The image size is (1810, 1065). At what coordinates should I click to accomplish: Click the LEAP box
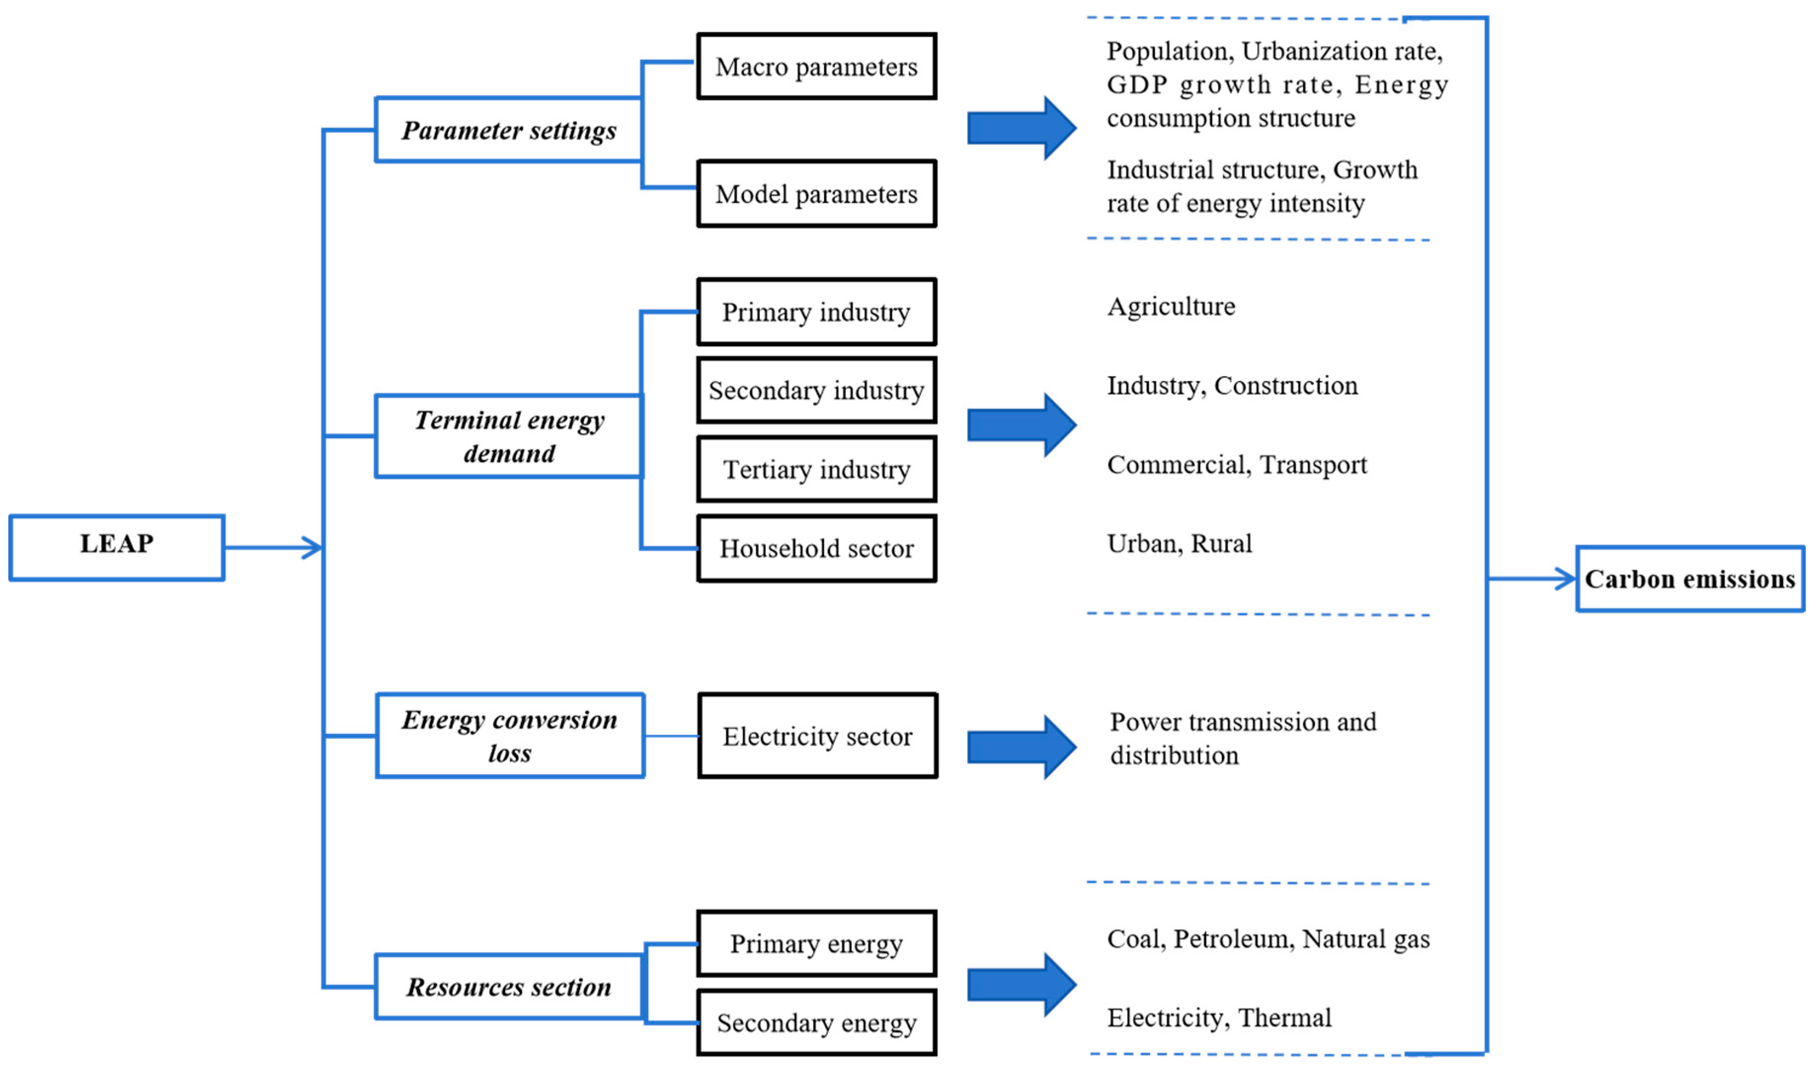(117, 547)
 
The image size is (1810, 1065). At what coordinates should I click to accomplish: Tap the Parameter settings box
(509, 130)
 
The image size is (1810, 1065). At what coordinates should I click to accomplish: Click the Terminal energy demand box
(509, 436)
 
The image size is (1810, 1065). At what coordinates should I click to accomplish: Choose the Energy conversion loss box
(510, 735)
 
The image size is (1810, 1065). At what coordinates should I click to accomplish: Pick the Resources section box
(509, 987)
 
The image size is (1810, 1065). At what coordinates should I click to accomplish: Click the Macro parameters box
(816, 66)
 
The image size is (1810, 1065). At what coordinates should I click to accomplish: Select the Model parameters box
(816, 194)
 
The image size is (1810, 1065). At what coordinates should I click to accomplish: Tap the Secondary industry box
(816, 390)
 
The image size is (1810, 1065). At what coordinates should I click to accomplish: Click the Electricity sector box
(818, 736)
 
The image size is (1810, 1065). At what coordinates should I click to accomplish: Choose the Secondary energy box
(816, 1023)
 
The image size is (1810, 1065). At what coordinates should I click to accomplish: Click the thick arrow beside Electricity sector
(1022, 747)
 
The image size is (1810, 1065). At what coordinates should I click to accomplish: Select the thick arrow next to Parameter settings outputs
(1022, 128)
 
